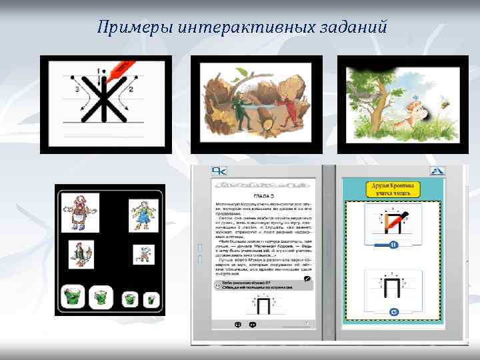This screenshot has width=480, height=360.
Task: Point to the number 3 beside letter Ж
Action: tap(77, 89)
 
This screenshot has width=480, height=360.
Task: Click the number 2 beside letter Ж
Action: tap(131, 89)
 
